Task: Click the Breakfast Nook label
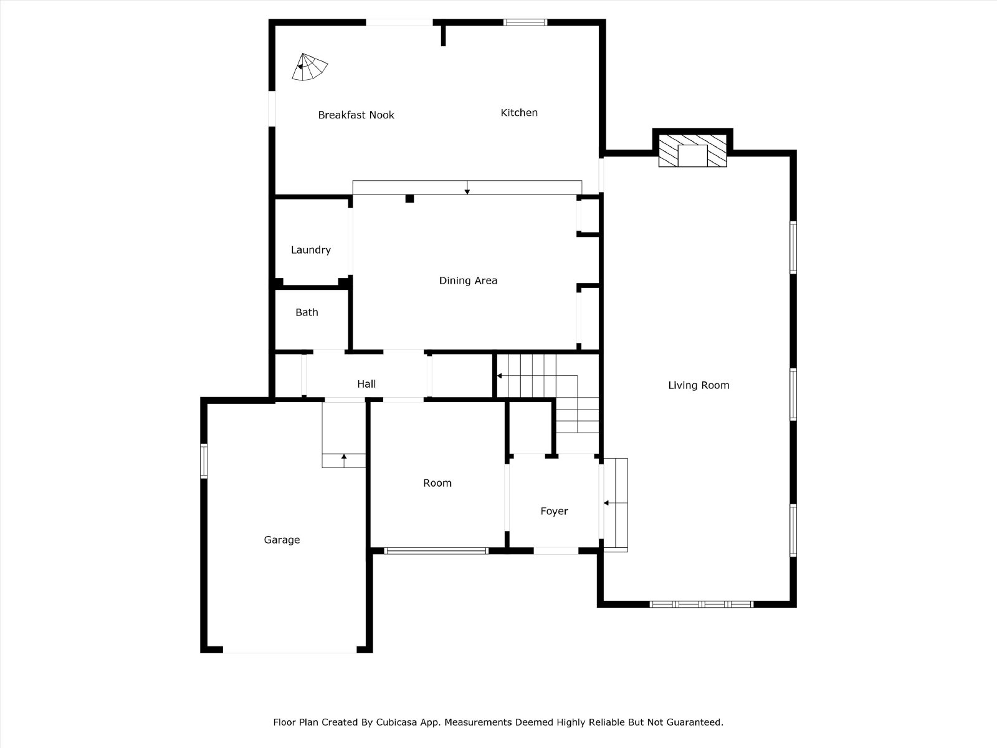tap(356, 115)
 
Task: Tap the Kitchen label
tap(518, 113)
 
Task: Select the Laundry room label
tap(311, 250)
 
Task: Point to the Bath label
tap(307, 312)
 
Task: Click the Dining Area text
tap(468, 280)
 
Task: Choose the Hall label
tap(366, 384)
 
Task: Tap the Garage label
tap(282, 540)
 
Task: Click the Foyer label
tap(554, 511)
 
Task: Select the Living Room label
tap(699, 386)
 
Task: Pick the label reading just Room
tap(437, 483)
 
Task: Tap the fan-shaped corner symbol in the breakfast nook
tap(309, 68)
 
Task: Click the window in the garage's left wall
tap(204, 461)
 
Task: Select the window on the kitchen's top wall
tap(525, 22)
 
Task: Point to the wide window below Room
tap(436, 551)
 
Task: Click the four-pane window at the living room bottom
tap(701, 604)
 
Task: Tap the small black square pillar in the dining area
tap(409, 198)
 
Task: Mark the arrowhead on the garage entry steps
tap(344, 456)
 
